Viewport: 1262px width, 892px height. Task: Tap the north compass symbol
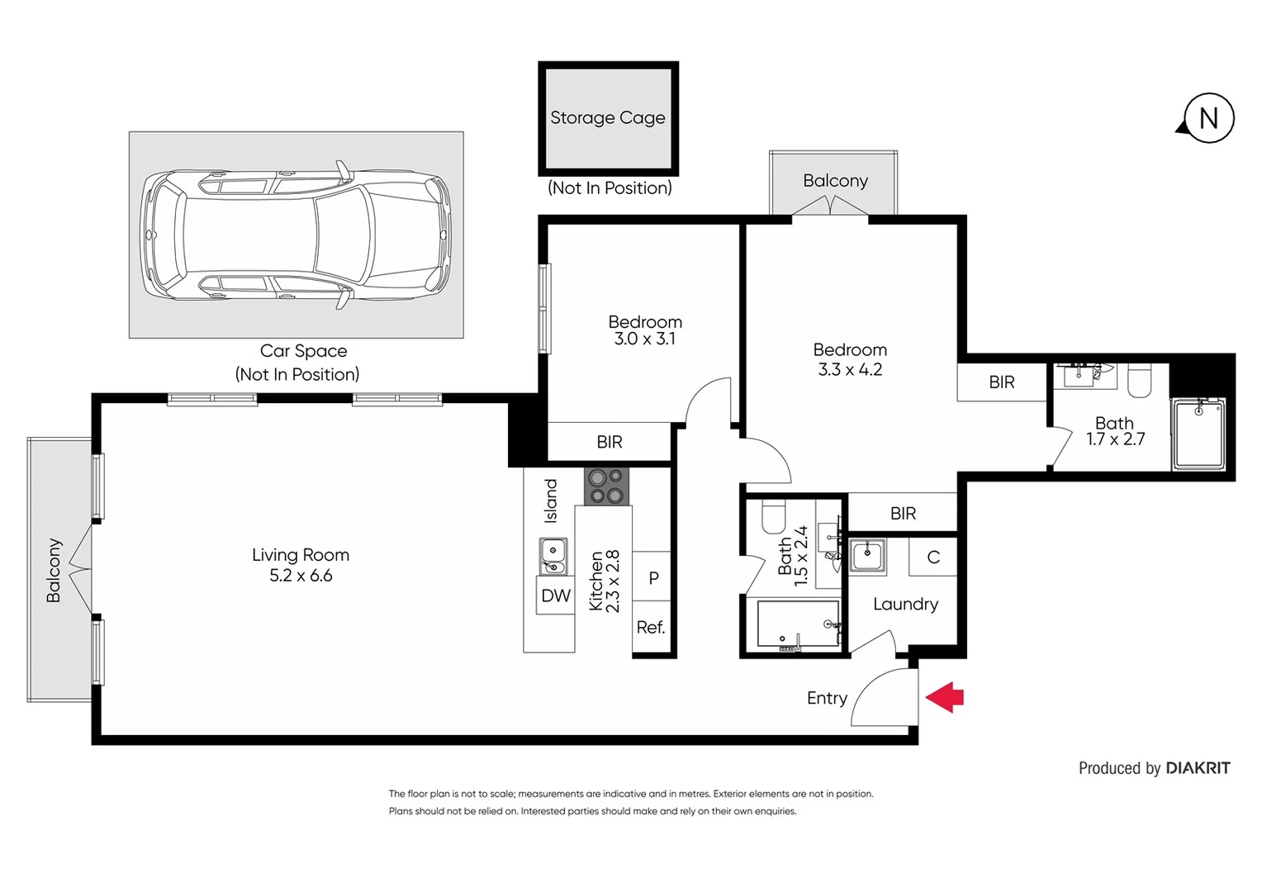click(x=1207, y=118)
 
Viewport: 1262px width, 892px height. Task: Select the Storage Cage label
click(x=608, y=118)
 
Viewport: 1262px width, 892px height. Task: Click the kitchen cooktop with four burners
click(x=606, y=486)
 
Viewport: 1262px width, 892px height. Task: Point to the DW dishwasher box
click(x=555, y=595)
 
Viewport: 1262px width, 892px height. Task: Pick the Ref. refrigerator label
click(x=650, y=628)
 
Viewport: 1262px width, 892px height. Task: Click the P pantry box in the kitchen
click(x=652, y=578)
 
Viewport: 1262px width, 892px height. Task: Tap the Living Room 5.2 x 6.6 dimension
click(x=301, y=576)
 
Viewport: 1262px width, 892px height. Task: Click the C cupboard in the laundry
click(x=932, y=557)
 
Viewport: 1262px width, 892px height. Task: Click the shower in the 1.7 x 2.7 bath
click(x=1198, y=434)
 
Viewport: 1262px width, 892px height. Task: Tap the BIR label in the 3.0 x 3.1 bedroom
click(x=609, y=442)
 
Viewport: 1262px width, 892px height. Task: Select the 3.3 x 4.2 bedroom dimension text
click(x=850, y=370)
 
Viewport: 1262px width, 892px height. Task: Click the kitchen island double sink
click(x=553, y=556)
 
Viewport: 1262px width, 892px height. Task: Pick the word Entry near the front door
click(x=827, y=698)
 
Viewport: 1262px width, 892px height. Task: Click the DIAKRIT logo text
click(x=1198, y=768)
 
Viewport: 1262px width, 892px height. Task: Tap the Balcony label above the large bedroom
click(x=835, y=181)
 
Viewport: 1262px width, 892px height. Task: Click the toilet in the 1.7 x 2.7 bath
click(x=1140, y=381)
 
